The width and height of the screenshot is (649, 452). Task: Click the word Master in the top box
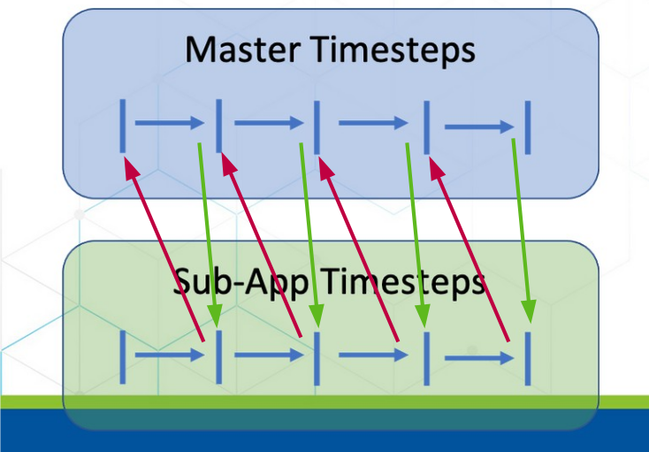click(246, 50)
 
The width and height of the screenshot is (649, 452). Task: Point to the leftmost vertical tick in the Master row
click(122, 126)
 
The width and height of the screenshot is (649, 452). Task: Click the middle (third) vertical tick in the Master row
click(317, 126)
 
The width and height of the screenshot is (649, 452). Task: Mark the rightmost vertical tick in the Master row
click(528, 126)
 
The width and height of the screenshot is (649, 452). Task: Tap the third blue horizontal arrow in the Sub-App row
click(372, 356)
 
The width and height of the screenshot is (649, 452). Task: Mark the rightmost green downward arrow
click(522, 231)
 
